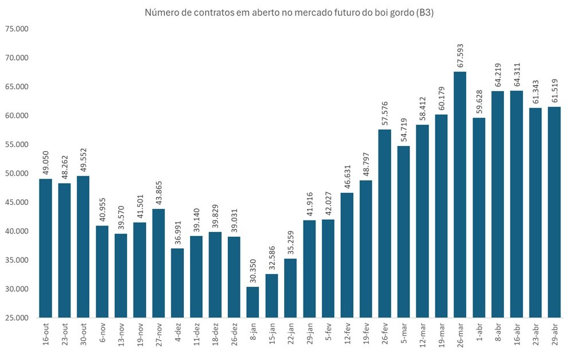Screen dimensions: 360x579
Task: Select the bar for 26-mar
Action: [460, 195]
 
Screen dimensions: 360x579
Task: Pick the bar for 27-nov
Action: [159, 263]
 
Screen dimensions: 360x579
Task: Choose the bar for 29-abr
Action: [554, 212]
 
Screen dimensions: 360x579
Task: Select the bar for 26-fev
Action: [385, 223]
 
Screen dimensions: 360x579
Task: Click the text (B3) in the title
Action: [424, 13]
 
